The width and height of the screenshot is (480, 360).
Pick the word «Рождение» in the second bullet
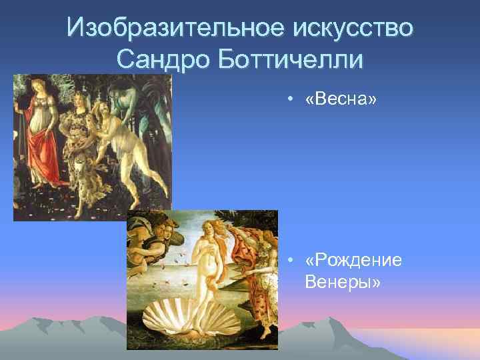coord(353,260)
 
